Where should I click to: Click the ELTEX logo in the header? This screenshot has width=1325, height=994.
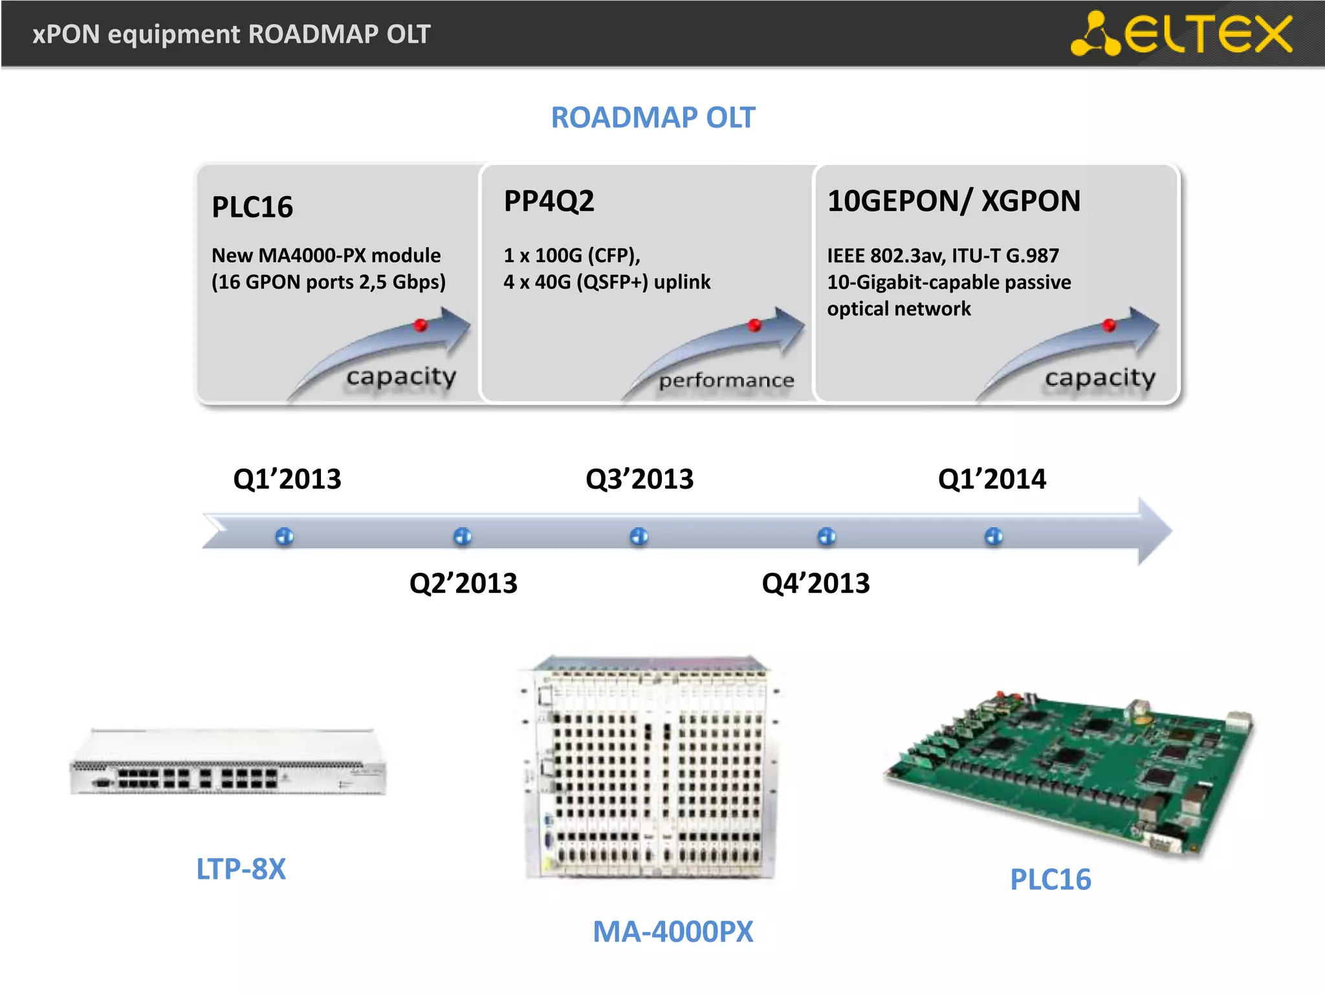coord(1181,34)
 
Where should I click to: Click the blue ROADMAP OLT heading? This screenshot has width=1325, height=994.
coord(653,118)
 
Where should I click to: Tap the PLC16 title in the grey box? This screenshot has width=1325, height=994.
coord(252,207)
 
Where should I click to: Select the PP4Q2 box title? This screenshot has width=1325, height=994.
coord(549,201)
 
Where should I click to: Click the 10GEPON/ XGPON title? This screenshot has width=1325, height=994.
coord(954,201)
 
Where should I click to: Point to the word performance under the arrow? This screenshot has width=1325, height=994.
coord(726,381)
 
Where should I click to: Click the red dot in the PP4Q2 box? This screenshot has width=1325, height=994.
coord(754,325)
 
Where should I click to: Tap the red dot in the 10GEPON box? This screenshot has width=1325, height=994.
coord(1110,325)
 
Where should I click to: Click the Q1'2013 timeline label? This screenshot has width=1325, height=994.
coord(287,480)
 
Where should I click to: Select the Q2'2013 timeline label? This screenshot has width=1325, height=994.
coord(463,583)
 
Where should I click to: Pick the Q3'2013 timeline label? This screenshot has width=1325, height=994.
coord(639,480)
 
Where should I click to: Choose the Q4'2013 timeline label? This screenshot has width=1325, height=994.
coord(816,583)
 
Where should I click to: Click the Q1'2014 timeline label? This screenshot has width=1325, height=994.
coord(992,480)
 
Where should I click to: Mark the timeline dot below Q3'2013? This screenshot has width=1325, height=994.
coord(639,536)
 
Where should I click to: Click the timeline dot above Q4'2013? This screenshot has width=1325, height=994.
coord(827,536)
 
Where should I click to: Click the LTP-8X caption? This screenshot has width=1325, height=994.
coord(241,869)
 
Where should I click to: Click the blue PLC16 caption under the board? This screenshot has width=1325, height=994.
coord(1051,879)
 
